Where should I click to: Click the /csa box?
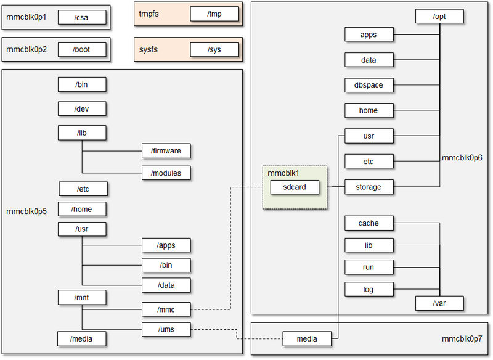(82, 18)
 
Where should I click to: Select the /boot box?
(82, 49)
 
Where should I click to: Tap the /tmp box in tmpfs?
(214, 14)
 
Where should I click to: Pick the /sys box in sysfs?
(214, 49)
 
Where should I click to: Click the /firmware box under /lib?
(166, 151)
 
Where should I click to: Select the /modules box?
(166, 173)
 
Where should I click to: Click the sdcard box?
(295, 187)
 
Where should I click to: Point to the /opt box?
(439, 17)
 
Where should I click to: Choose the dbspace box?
(369, 85)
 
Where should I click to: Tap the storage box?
(369, 187)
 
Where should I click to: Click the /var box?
(439, 303)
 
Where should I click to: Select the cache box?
(369, 223)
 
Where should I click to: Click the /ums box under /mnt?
(166, 330)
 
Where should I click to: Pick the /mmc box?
(166, 309)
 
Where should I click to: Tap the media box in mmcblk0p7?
(307, 338)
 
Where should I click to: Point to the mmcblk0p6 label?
(462, 158)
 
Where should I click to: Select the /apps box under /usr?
(166, 245)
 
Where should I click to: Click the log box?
(369, 289)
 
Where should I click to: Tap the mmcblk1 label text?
(283, 173)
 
